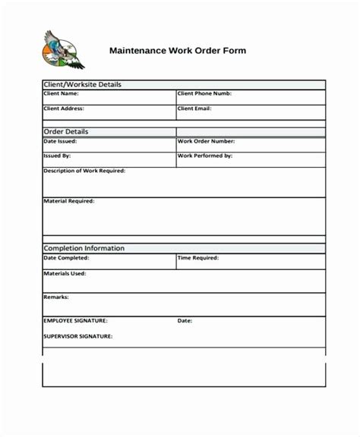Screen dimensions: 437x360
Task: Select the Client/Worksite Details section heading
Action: (x=82, y=84)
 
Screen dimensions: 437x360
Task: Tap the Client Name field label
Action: (x=62, y=94)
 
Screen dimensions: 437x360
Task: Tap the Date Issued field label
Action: (x=60, y=141)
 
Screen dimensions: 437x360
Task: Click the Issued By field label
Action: (x=58, y=156)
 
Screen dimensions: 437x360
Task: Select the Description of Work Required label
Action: (x=84, y=171)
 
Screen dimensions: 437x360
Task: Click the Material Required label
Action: (x=68, y=201)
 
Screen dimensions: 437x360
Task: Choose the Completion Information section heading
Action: (x=84, y=248)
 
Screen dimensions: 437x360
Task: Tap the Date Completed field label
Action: (x=66, y=258)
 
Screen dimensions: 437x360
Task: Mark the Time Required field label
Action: (x=199, y=258)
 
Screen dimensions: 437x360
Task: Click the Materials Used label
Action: (x=65, y=273)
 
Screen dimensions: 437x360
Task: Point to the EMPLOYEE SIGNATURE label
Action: (x=75, y=320)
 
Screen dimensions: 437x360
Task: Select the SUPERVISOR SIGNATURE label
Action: (x=77, y=335)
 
